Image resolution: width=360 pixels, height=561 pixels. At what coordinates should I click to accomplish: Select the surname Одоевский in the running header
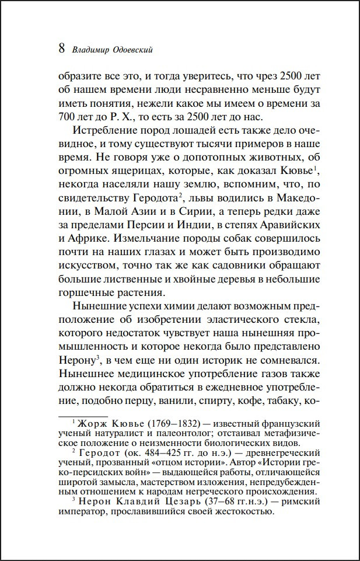click(x=131, y=50)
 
